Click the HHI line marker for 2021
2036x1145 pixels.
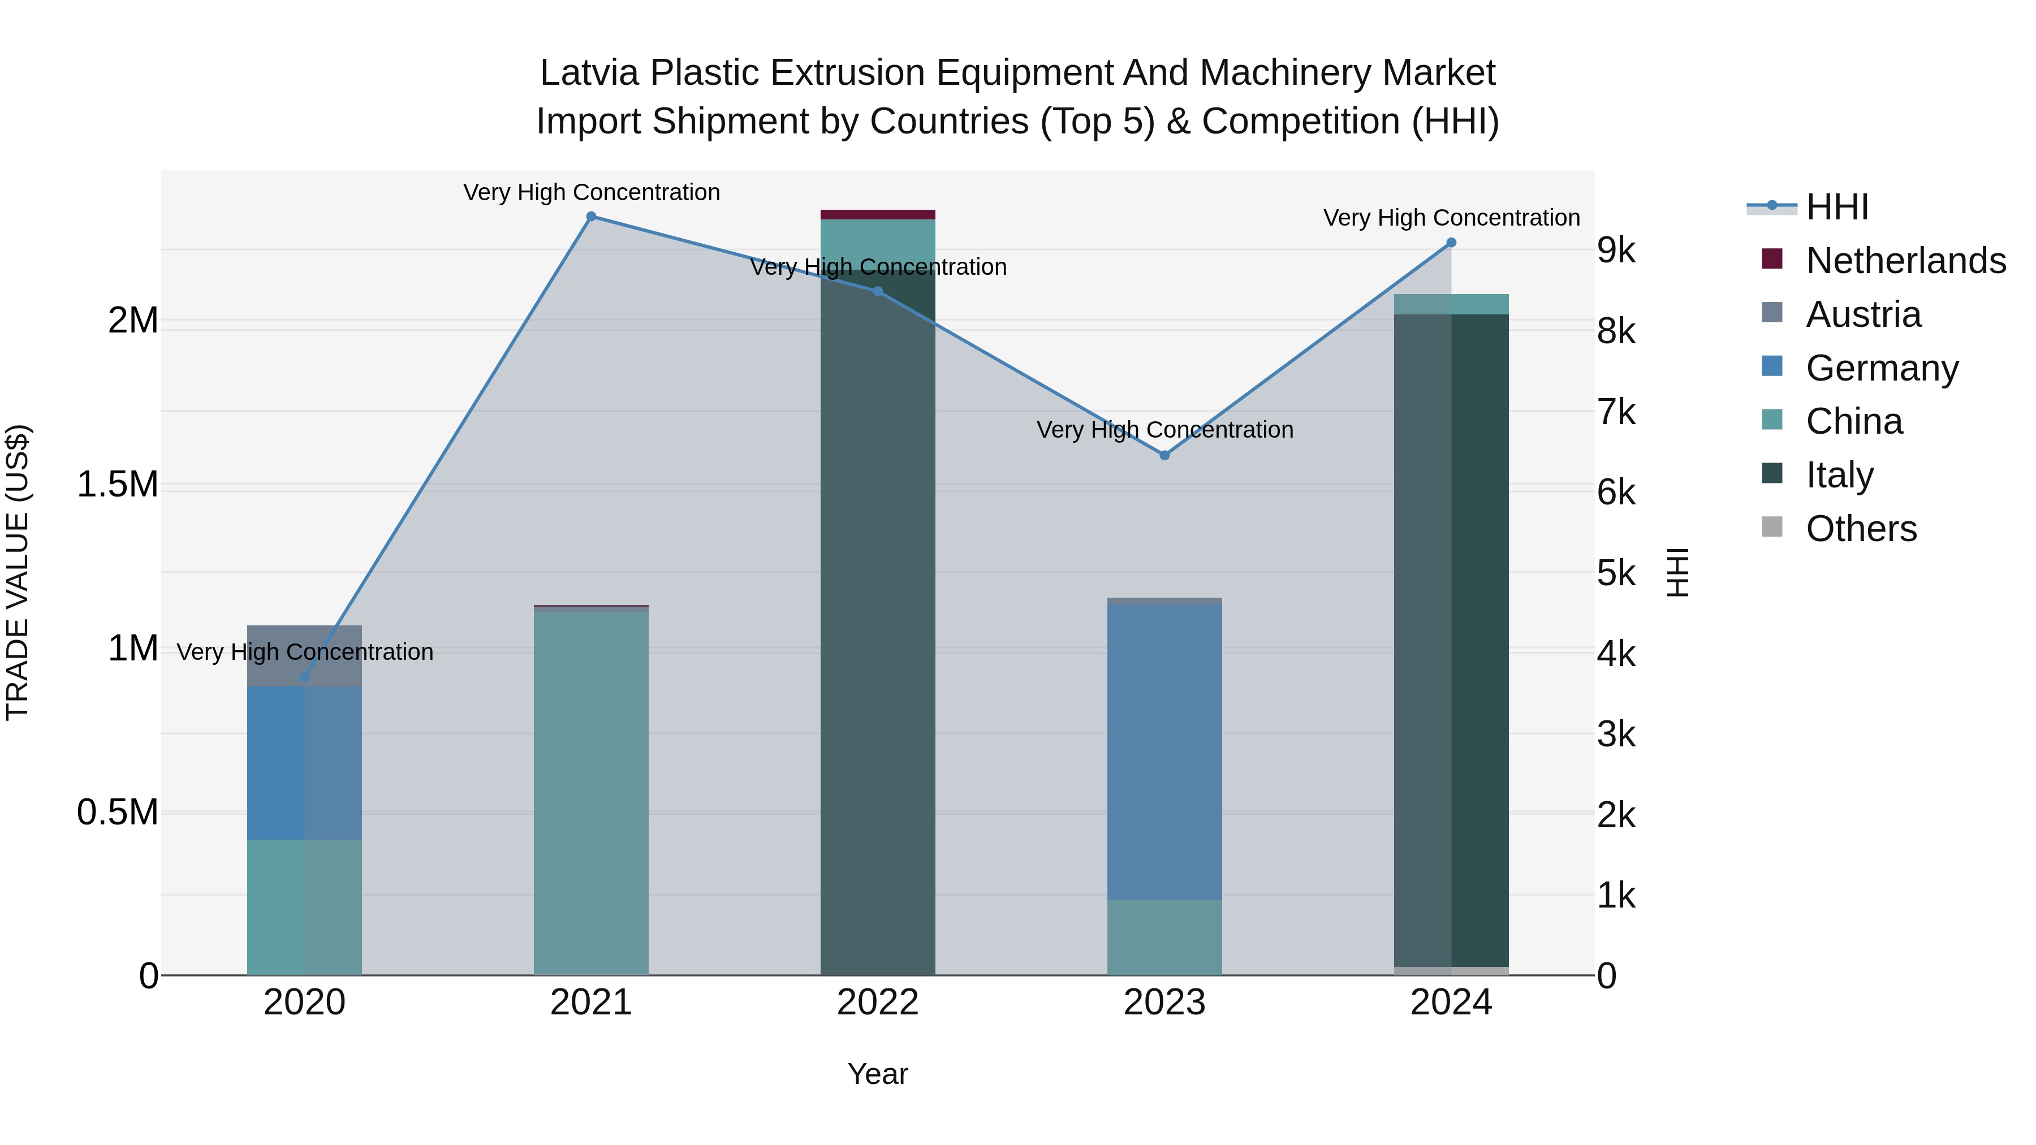pos(591,217)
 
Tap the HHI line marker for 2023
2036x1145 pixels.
pos(1164,455)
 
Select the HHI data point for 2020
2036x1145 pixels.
pos(304,677)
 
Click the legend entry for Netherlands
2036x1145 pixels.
pos(1905,261)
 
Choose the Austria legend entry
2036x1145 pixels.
pos(1863,314)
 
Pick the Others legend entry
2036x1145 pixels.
pos(1861,529)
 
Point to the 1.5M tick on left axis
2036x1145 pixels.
pos(118,485)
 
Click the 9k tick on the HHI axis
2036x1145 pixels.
pos(1616,250)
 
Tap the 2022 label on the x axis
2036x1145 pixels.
pos(877,1003)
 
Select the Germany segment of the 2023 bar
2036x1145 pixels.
pos(1164,751)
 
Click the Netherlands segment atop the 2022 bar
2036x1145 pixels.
pos(877,214)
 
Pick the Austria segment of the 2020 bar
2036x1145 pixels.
pos(304,656)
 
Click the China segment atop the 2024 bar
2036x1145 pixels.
pos(1451,304)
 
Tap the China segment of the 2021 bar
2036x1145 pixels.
pos(591,790)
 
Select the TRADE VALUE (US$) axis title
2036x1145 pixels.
pos(18,572)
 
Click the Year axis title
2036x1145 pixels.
pos(877,1074)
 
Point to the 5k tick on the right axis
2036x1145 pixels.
pos(1616,574)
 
